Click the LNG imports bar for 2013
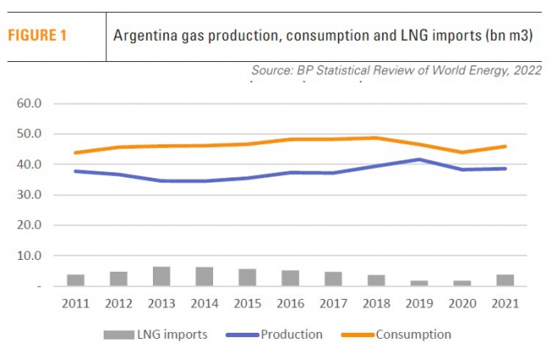161,276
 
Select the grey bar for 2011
76,280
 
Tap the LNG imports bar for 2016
290,278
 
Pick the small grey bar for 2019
420,283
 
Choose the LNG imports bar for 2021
505,280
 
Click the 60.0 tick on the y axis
30,104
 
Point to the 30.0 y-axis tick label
30,194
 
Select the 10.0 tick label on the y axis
30,255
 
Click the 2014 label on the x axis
204,303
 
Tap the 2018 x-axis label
376,303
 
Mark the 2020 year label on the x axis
463,303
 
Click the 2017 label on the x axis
333,303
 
